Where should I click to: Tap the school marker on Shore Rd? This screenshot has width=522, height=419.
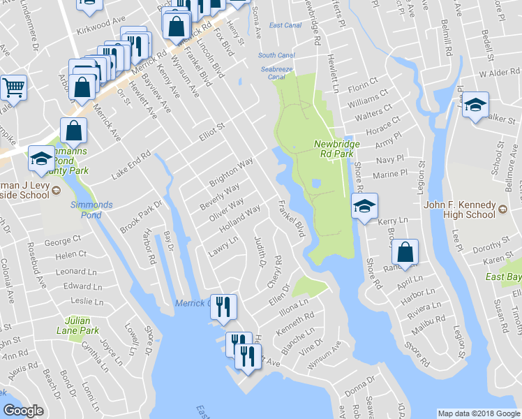[x=364, y=206]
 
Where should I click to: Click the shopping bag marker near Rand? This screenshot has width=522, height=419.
[x=405, y=253]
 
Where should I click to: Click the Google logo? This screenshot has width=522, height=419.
[x=24, y=411]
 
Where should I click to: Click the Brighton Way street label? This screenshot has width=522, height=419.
[x=231, y=172]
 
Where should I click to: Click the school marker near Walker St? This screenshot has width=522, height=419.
[x=475, y=105]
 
